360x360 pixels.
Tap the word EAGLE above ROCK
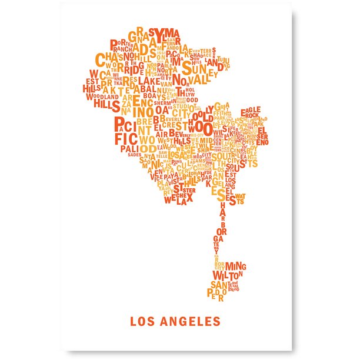coord(251,110)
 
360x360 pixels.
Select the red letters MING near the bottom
coord(236,266)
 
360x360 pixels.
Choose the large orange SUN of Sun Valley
coord(194,65)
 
